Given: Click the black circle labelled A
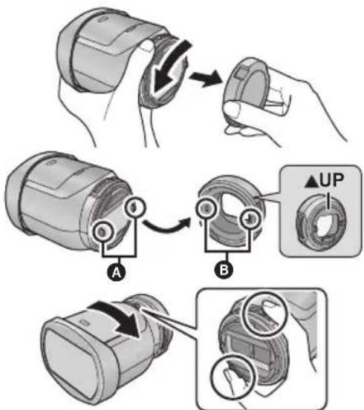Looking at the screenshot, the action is [x=117, y=272].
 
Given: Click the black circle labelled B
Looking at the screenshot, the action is [x=224, y=269].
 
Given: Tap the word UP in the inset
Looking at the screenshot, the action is [x=331, y=180].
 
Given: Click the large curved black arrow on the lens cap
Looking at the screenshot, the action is [x=169, y=68].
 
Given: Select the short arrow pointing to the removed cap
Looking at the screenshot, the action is [x=205, y=77].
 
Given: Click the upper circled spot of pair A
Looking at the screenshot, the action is [x=134, y=206].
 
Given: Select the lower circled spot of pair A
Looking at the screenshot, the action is [x=103, y=231].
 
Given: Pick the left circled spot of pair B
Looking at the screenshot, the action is [x=206, y=208].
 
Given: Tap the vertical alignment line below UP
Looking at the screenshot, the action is [x=328, y=201].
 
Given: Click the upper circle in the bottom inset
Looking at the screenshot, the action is [x=266, y=314].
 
